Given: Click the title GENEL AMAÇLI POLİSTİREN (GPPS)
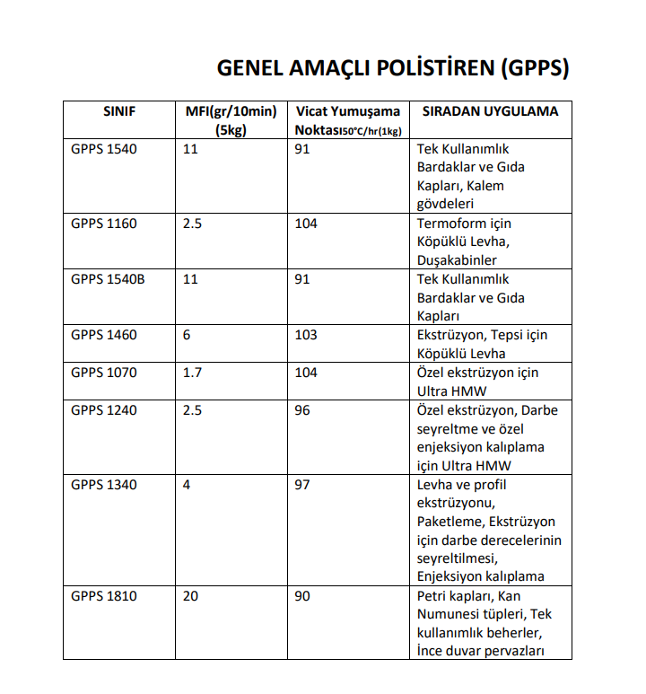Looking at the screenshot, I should point(393,69).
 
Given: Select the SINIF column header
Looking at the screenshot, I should point(118,111).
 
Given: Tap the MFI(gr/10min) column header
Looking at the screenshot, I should point(231,111).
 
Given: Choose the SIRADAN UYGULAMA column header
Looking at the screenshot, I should point(484,111).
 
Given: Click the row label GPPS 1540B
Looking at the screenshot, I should point(108,279).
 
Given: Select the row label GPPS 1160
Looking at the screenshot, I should point(104,223).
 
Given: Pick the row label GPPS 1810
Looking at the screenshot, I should point(104,596).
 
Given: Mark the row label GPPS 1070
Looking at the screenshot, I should point(104,372).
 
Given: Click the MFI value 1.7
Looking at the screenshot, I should point(192,372).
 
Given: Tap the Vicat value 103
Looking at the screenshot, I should point(306,335).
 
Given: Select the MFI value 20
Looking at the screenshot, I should point(190,596).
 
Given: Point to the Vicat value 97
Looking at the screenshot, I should point(302,485).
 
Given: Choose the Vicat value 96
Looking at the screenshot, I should point(302,409).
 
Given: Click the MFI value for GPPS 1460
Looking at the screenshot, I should point(187,335).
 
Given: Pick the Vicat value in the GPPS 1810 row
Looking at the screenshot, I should point(302,596).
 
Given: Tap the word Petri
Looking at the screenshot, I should point(433,596).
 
